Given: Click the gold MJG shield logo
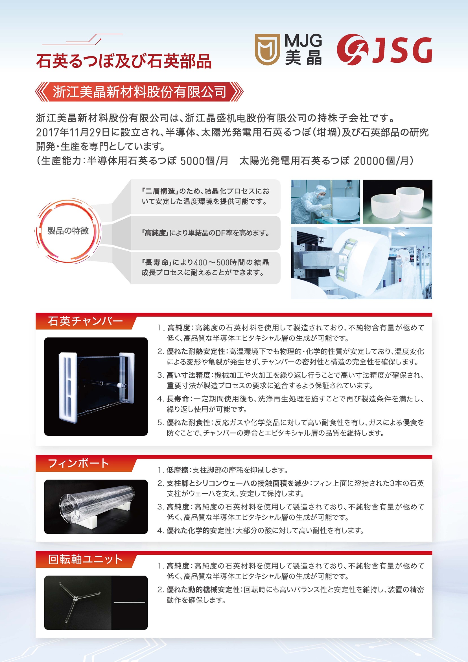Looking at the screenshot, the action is [x=267, y=49].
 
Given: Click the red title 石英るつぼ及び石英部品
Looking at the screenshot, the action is [x=124, y=61].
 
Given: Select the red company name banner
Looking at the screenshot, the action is [x=139, y=92].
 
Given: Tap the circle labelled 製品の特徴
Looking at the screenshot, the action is [x=68, y=231].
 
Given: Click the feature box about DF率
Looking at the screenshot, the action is [x=205, y=233].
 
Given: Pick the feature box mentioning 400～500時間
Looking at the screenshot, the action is [x=205, y=267].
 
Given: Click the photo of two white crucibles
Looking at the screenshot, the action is [x=397, y=202].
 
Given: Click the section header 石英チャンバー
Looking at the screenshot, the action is [x=86, y=321].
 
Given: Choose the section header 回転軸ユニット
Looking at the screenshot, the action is [x=85, y=559].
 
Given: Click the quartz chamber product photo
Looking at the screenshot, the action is [x=96, y=386].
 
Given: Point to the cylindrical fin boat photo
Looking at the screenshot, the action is [x=96, y=507].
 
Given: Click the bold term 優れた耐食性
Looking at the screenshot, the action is [x=189, y=423].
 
